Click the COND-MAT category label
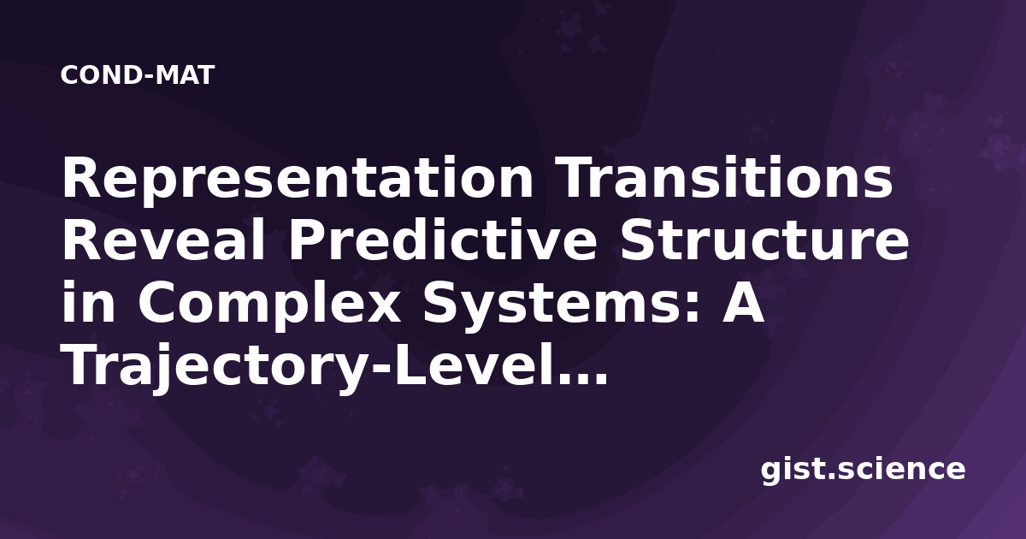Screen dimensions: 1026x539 coord(138,75)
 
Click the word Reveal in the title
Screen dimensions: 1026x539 coord(163,240)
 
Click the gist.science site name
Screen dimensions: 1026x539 coord(863,471)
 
